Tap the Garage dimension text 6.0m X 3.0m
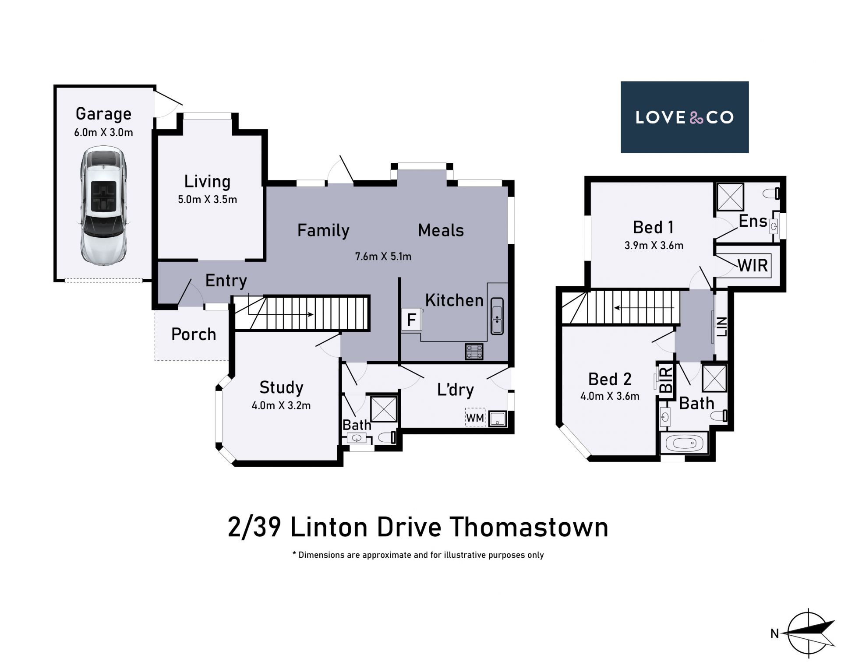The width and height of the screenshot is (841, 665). (103, 132)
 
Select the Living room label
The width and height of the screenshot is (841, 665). (207, 181)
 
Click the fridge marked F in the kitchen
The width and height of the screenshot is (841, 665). (411, 319)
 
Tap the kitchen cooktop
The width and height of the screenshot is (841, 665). (474, 352)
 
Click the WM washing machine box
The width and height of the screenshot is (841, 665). (475, 418)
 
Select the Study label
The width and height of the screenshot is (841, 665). (281, 387)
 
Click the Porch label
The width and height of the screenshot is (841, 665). (194, 334)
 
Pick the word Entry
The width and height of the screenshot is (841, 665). (226, 281)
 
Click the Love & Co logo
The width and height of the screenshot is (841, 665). (685, 117)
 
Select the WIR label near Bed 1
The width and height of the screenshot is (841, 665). (753, 265)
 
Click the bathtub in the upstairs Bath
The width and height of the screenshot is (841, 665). (684, 443)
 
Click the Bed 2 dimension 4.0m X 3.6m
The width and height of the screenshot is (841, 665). (610, 396)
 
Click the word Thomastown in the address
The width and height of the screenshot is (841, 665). (530, 527)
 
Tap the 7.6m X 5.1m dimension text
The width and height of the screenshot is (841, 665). (383, 257)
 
